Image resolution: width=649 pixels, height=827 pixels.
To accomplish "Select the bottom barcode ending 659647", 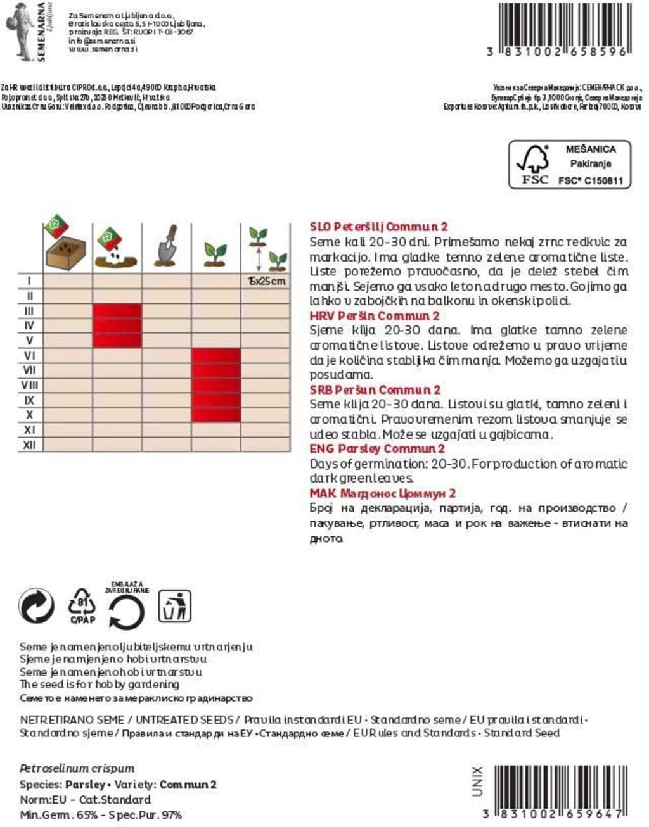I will point(560,788).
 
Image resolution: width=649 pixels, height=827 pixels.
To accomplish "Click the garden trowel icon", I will point(166,246).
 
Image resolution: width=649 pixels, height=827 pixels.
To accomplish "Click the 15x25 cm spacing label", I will point(266,281).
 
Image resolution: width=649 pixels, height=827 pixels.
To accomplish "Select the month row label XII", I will point(29,445).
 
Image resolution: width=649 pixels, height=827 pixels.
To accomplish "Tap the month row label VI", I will point(29,355).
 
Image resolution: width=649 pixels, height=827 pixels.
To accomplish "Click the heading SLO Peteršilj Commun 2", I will point(378,227).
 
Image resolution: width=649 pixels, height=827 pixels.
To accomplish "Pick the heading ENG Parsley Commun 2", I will point(376,449).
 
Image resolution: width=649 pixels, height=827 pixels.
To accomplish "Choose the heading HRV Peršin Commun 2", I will point(374,316).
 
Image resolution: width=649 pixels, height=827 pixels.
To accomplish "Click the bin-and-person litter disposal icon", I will point(174,606).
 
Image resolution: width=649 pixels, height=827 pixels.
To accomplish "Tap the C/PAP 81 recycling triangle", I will point(82,606).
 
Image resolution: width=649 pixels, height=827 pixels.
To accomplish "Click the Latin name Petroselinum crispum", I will point(77,768).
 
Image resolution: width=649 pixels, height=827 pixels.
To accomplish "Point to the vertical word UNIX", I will point(477,781).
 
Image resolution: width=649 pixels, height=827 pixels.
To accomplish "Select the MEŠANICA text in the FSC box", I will point(590,149).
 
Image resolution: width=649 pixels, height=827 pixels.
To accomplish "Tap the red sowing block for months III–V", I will point(117,325).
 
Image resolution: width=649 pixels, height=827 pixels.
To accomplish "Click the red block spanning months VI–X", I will point(216,385).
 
